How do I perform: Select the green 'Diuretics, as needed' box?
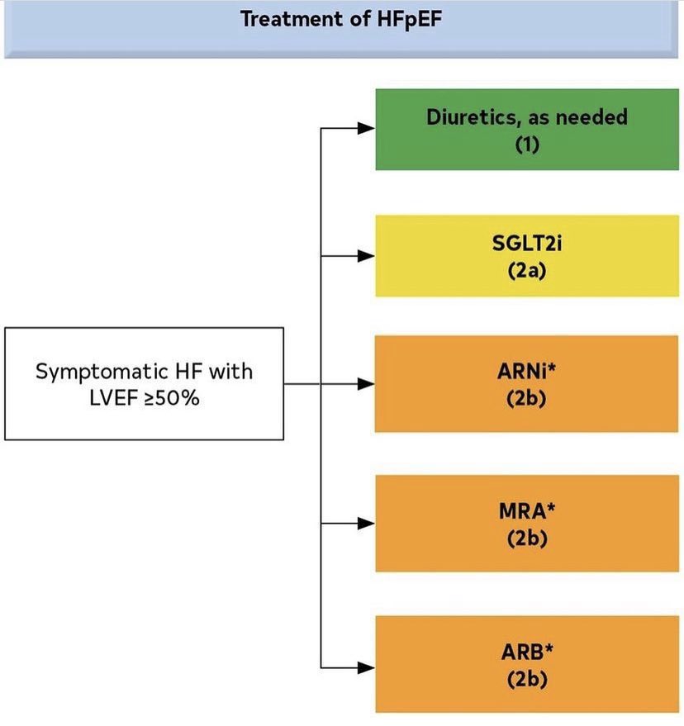point(526,129)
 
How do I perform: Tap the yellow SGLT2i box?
point(526,256)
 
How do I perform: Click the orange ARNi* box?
point(526,383)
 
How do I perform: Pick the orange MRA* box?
point(526,523)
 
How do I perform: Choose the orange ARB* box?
point(526,664)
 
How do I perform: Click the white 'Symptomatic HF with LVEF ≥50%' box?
point(144,383)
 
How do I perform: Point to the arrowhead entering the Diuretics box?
point(367,128)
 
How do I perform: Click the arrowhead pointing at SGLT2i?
point(367,256)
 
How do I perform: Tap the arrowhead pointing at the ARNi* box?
point(367,384)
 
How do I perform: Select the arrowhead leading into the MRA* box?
point(367,524)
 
